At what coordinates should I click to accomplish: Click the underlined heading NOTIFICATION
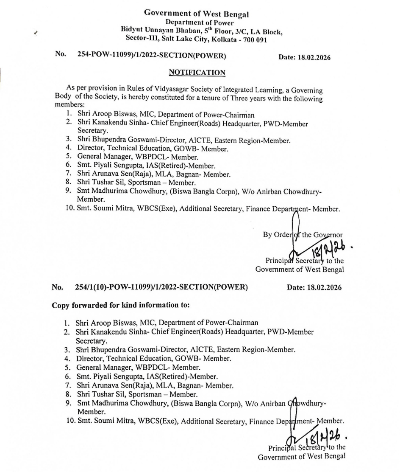(197, 73)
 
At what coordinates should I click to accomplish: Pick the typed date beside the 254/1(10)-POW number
(314, 287)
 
